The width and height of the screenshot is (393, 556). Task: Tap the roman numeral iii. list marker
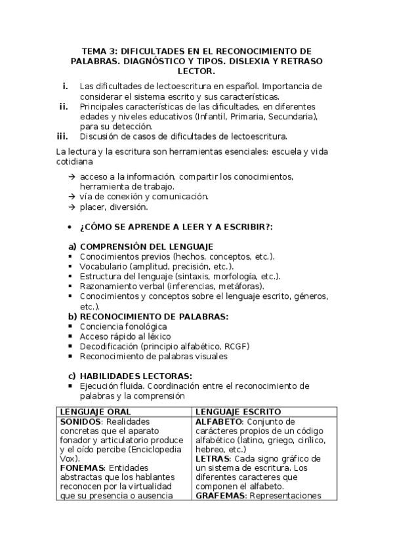[63, 136]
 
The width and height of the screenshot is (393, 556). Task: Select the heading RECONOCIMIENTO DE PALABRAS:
[154, 317]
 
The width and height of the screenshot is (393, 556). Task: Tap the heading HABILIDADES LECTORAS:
[136, 376]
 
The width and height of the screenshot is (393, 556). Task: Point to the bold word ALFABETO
[219, 421]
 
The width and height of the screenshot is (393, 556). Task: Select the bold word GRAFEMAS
[220, 496]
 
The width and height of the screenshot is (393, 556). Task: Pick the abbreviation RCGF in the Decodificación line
[236, 346]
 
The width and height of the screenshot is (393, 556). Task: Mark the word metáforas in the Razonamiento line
[241, 287]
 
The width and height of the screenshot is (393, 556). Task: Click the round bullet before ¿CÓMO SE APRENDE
[70, 226]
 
